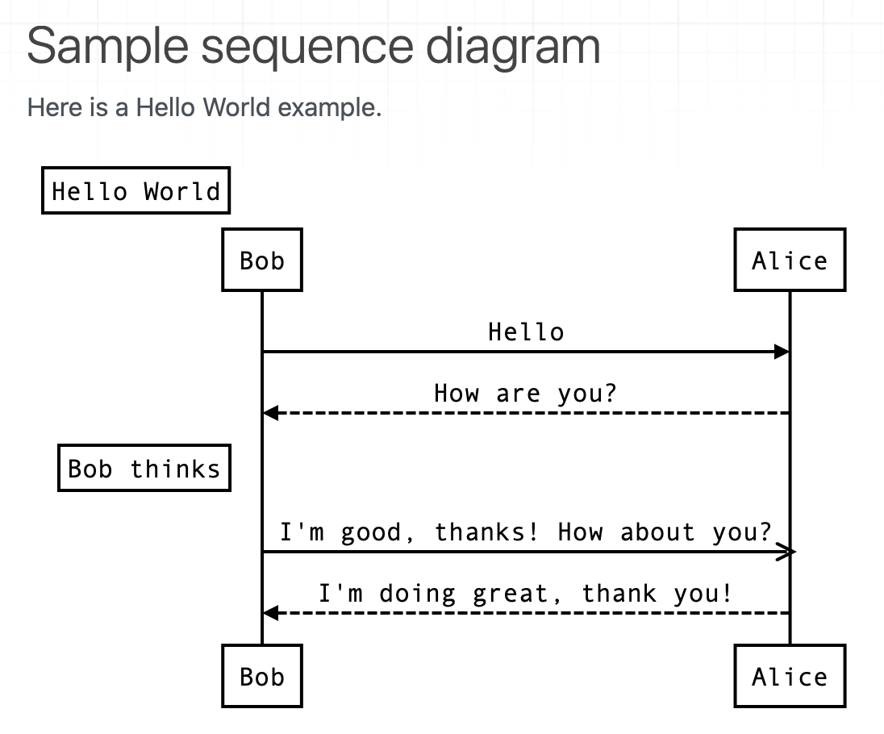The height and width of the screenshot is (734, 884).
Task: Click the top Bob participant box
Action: (x=262, y=260)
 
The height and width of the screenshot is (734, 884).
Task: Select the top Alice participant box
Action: (x=790, y=260)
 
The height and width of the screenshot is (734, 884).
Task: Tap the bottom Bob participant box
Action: (x=262, y=676)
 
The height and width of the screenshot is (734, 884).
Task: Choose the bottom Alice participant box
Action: (x=790, y=676)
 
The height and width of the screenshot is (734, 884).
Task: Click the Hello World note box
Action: (x=136, y=191)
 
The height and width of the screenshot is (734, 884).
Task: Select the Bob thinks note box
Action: (x=144, y=469)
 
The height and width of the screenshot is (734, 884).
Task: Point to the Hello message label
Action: (x=526, y=332)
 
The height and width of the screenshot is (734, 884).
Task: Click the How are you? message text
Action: (x=526, y=394)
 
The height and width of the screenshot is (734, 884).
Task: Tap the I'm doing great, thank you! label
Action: (x=526, y=594)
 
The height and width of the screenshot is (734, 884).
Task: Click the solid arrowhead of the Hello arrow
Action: (x=781, y=352)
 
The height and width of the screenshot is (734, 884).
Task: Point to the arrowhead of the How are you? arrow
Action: (x=271, y=413)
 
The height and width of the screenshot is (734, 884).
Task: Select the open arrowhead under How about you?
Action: (x=786, y=552)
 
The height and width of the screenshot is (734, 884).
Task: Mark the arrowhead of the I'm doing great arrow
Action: (x=271, y=613)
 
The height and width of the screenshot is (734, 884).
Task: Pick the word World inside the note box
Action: (x=182, y=191)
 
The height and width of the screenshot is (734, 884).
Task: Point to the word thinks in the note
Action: (x=175, y=469)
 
